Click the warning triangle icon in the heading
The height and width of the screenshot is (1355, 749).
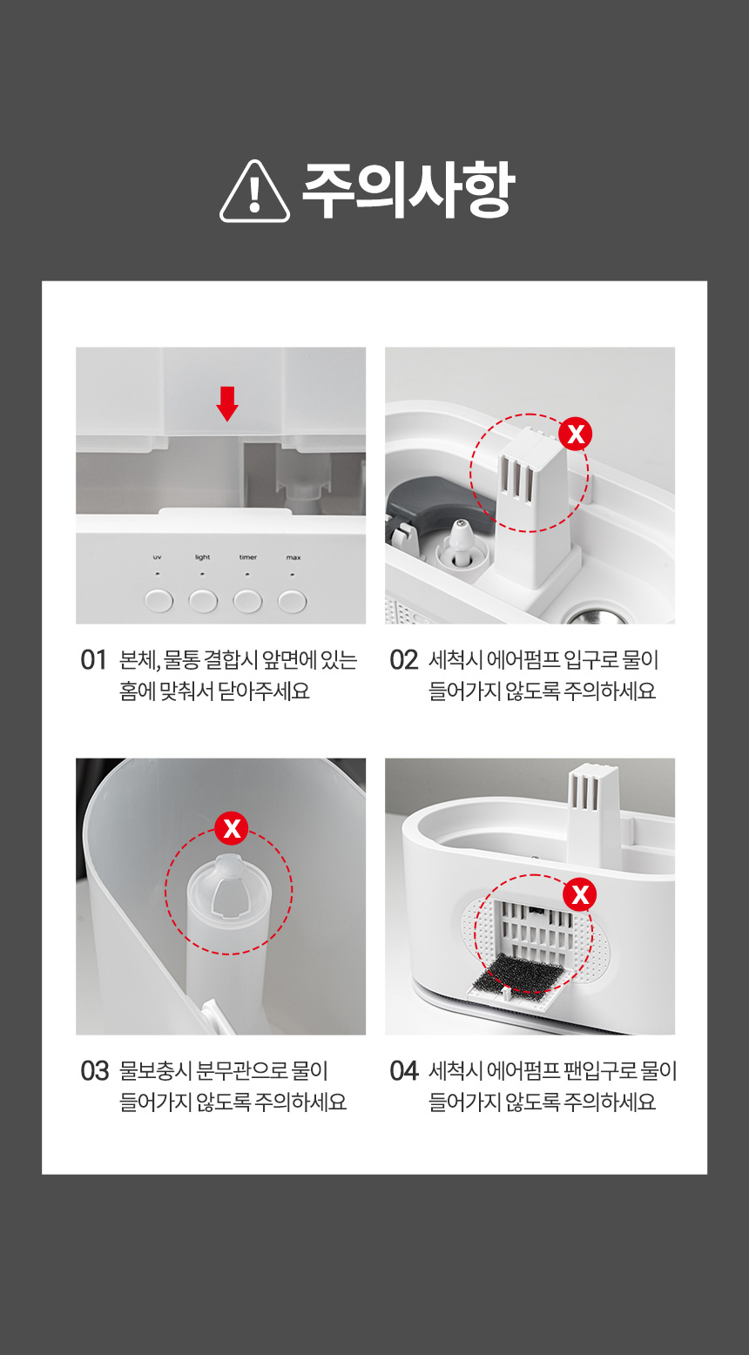(x=254, y=192)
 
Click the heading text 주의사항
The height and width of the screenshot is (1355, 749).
(x=408, y=190)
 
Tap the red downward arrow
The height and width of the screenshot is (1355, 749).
(x=227, y=403)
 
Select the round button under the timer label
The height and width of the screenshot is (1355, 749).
(x=247, y=601)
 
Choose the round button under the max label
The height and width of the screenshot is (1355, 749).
(x=293, y=601)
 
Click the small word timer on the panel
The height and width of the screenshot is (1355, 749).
(x=248, y=557)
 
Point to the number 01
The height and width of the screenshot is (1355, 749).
(x=93, y=660)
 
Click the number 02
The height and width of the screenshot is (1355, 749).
(x=403, y=660)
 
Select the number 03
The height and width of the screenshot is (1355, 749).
(x=94, y=1071)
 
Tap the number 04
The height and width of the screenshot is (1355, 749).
(x=404, y=1071)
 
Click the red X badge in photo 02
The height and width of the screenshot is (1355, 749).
(x=576, y=434)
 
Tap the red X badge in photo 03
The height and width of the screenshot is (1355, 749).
(x=232, y=828)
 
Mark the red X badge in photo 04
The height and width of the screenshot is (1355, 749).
(x=579, y=894)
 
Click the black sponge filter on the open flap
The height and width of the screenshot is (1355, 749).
(x=522, y=972)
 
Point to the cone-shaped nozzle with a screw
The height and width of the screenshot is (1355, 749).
(x=461, y=543)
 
